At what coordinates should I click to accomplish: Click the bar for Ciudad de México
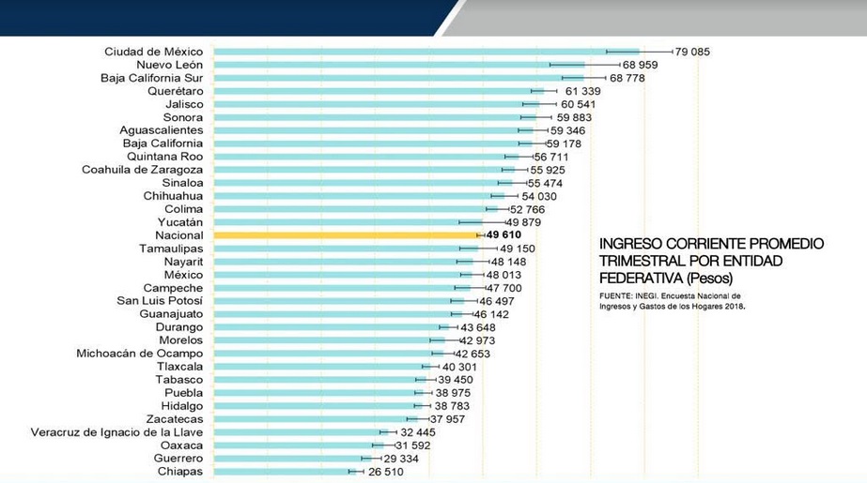[x=423, y=52]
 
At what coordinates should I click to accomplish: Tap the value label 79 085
[x=692, y=52]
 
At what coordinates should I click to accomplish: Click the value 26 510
[x=382, y=472]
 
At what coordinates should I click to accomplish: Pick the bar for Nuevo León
[x=395, y=65]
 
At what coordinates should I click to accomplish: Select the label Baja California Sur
[x=151, y=78]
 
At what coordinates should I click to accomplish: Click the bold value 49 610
[x=503, y=235]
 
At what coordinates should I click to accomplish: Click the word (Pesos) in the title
[x=710, y=278]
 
